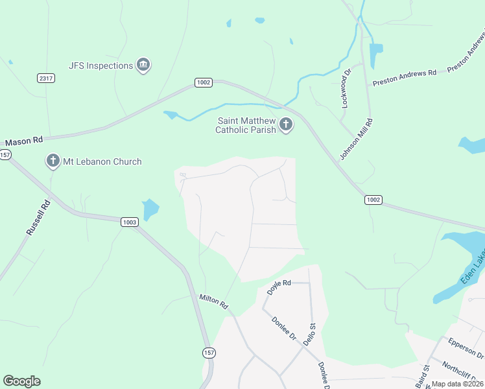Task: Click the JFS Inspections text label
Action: coord(101,65)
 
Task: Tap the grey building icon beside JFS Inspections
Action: coord(143,65)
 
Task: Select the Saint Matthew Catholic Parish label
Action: coord(246,125)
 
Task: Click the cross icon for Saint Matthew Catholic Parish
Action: coord(286,125)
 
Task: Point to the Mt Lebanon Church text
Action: coord(102,161)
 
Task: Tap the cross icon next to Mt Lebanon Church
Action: coord(53,161)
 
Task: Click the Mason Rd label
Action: coord(24,140)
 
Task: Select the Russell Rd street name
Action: coord(38,218)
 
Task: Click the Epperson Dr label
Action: coord(466,347)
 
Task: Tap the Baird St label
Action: coord(426,375)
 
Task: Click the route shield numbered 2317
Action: coord(45,78)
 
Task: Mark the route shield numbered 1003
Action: coord(129,222)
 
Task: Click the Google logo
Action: coord(21,381)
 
